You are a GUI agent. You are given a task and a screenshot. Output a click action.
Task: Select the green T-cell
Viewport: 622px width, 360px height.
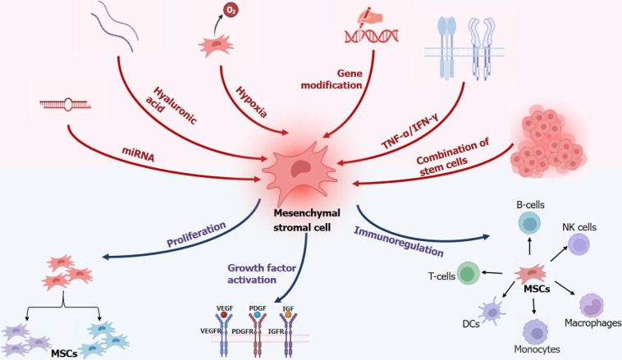click(468, 274)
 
